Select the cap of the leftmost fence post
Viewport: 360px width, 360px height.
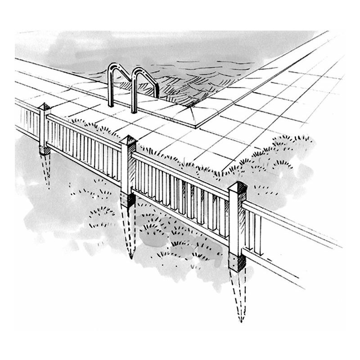pos(45,107)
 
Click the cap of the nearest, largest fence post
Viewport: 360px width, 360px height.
pos(238,186)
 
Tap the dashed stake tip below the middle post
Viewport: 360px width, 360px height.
pos(131,258)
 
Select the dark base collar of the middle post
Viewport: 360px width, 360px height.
pos(127,199)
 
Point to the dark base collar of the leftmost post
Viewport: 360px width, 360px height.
pos(45,150)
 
